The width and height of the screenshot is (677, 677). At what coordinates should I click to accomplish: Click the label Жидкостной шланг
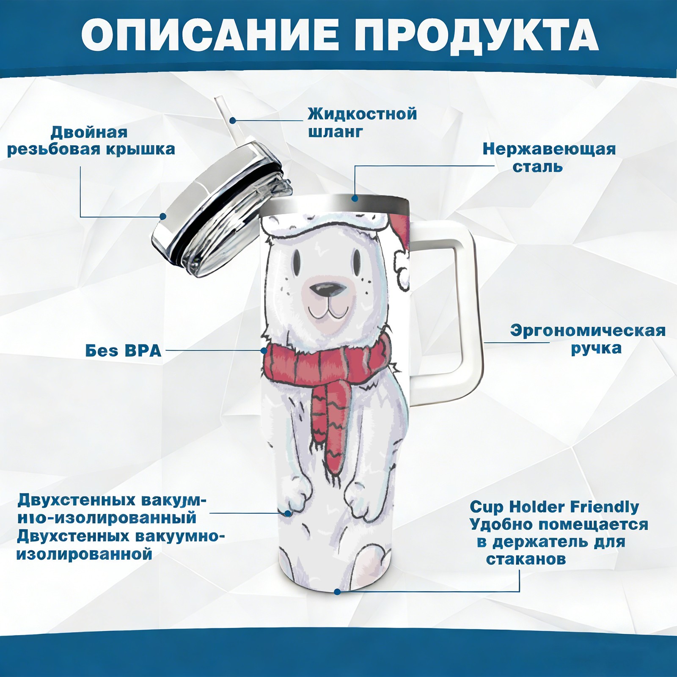362,123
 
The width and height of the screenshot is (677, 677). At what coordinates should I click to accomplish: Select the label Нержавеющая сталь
549,157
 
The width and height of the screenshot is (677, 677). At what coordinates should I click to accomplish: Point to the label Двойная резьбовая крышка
91,141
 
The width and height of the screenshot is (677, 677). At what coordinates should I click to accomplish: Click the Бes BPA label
123,351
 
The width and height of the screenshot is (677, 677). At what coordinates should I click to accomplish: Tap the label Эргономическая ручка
588,339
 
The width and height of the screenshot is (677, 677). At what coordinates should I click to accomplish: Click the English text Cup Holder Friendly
554,507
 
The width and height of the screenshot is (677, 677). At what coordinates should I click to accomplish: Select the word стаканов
526,559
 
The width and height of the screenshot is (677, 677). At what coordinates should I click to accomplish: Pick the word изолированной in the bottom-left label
84,554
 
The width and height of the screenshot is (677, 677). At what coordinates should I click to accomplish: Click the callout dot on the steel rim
355,198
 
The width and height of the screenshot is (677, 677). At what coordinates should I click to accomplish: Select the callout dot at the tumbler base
337,592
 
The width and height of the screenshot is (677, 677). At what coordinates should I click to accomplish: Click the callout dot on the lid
162,217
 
